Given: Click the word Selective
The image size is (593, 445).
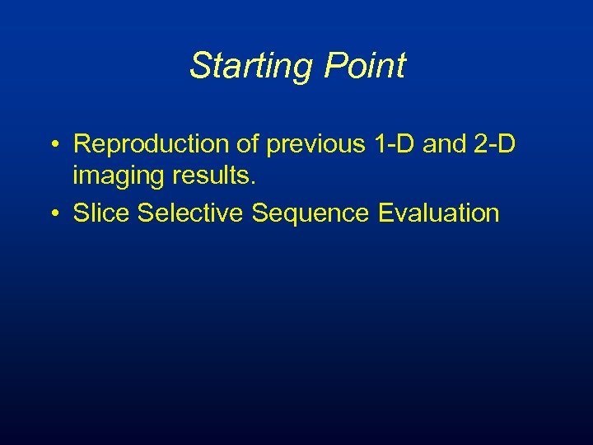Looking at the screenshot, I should coord(190,213).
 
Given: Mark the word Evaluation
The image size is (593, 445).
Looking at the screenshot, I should coord(439,213).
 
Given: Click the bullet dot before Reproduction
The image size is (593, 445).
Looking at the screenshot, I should coord(53,144).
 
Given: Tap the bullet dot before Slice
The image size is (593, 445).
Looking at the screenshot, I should coord(53,213).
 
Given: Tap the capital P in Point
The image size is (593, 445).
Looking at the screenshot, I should coord(334,66).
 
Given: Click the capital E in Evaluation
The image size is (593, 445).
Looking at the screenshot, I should coord(385,213).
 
